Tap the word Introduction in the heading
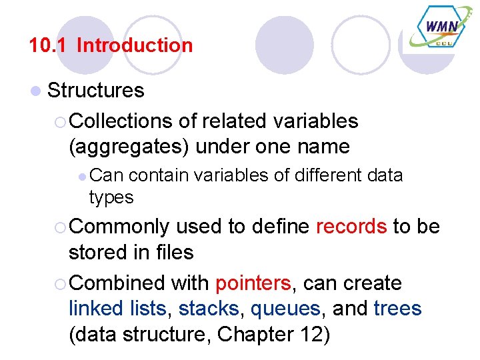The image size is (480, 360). (x=135, y=45)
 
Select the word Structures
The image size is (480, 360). (x=96, y=91)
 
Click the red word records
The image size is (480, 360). (x=351, y=227)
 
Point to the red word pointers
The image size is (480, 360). (x=253, y=283)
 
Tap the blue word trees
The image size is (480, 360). (x=397, y=309)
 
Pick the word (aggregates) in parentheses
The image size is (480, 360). (x=127, y=147)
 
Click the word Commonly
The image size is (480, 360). (x=119, y=227)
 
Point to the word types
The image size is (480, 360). (x=111, y=198)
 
